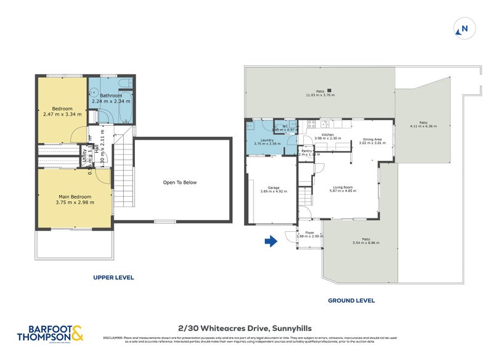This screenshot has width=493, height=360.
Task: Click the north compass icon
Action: (x=463, y=28)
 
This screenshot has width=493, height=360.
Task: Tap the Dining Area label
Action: (x=372, y=139)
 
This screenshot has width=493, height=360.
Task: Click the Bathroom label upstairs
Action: (x=111, y=96)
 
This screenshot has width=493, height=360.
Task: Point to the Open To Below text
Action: (x=179, y=182)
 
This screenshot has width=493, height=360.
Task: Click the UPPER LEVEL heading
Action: (x=113, y=277)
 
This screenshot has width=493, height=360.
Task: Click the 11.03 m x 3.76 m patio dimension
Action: (x=320, y=96)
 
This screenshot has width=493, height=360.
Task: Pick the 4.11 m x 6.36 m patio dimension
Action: (x=423, y=126)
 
